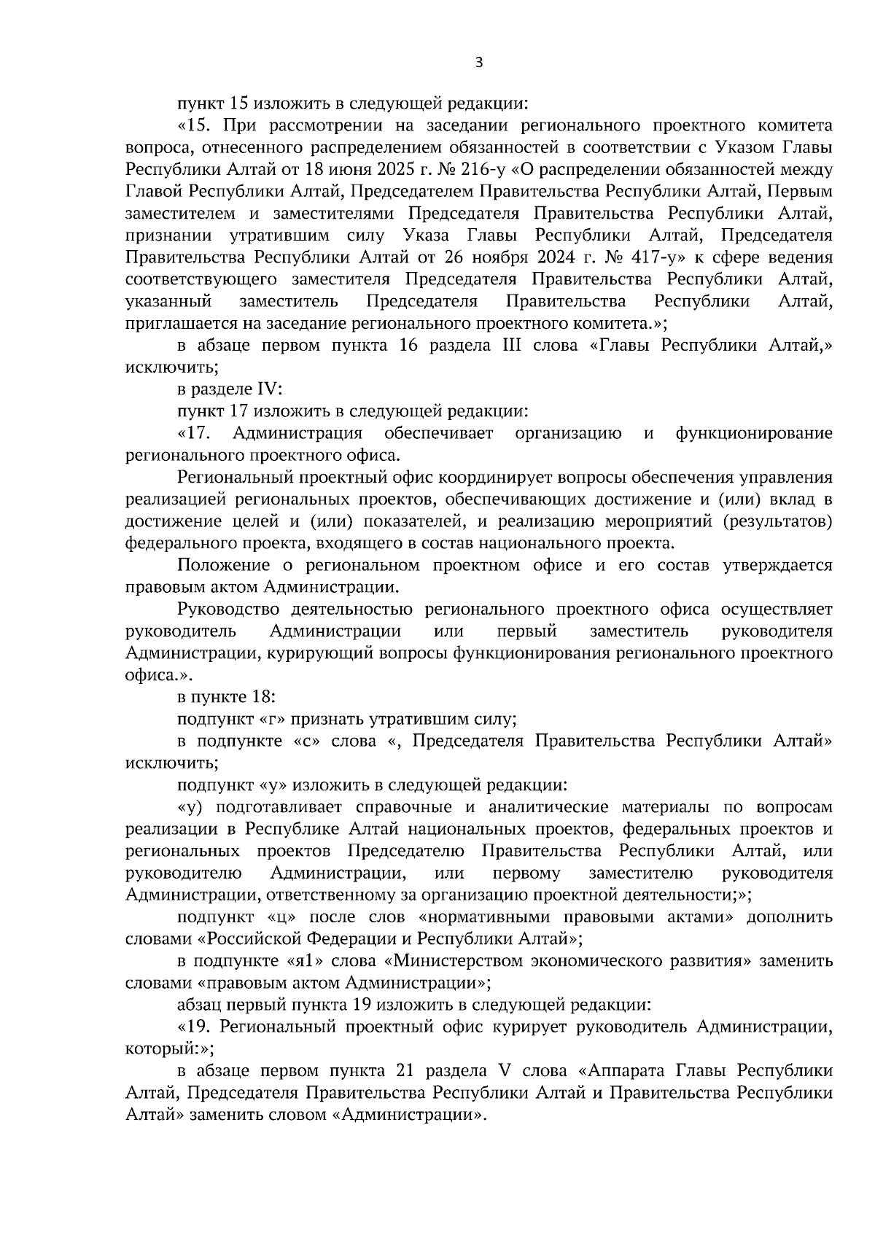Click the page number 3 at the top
click(478, 63)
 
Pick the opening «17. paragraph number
click(194, 433)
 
